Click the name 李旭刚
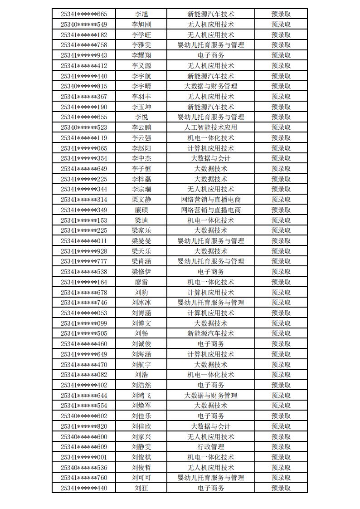pyautogui.click(x=141, y=24)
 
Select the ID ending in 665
pyautogui.click(x=84, y=14)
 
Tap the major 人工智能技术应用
pyautogui.click(x=211, y=127)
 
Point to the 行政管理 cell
pyautogui.click(x=211, y=447)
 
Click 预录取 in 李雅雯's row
pyautogui.click(x=281, y=45)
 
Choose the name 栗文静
pyautogui.click(x=141, y=200)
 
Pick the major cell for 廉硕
pyautogui.click(x=211, y=210)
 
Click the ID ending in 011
pyautogui.click(x=84, y=241)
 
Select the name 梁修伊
pyautogui.click(x=141, y=272)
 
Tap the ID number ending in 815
pyautogui.click(x=84, y=86)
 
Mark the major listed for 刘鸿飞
pyautogui.click(x=211, y=396)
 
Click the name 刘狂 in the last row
pyautogui.click(x=141, y=488)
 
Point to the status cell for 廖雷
pyautogui.click(x=281, y=282)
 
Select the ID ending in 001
pyautogui.click(x=84, y=457)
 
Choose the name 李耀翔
pyautogui.click(x=141, y=55)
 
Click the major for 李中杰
pyautogui.click(x=211, y=158)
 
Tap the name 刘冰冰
pyautogui.click(x=141, y=303)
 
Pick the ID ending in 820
pyautogui.click(x=84, y=426)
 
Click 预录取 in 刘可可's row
pyautogui.click(x=281, y=478)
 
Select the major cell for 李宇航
pyautogui.click(x=211, y=76)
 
